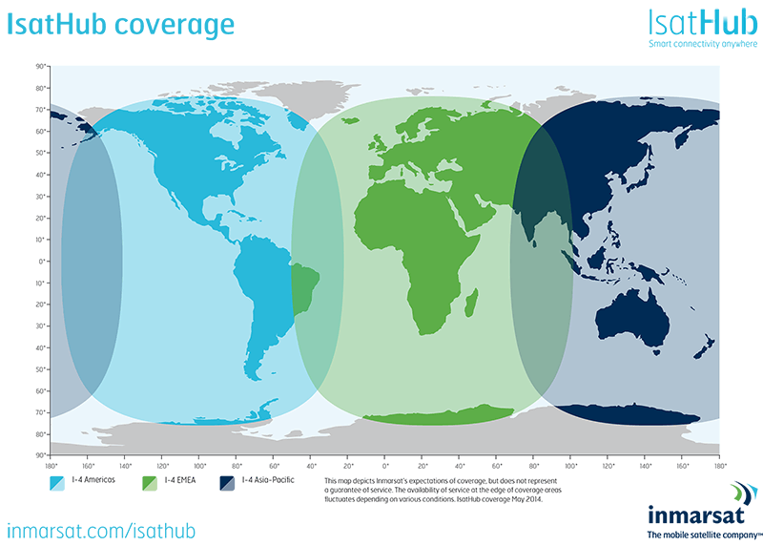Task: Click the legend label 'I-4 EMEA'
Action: [x=182, y=480]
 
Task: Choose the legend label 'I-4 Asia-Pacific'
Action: [x=276, y=480]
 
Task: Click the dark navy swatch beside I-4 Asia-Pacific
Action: [x=227, y=481]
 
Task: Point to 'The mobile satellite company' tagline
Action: [x=696, y=535]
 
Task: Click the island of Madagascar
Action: [x=471, y=303]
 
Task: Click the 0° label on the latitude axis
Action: [x=42, y=261]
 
